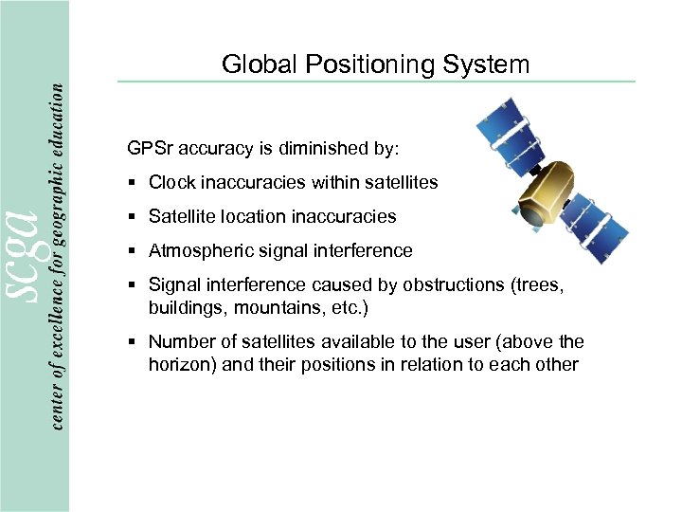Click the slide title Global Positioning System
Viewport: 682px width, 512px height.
(375, 64)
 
